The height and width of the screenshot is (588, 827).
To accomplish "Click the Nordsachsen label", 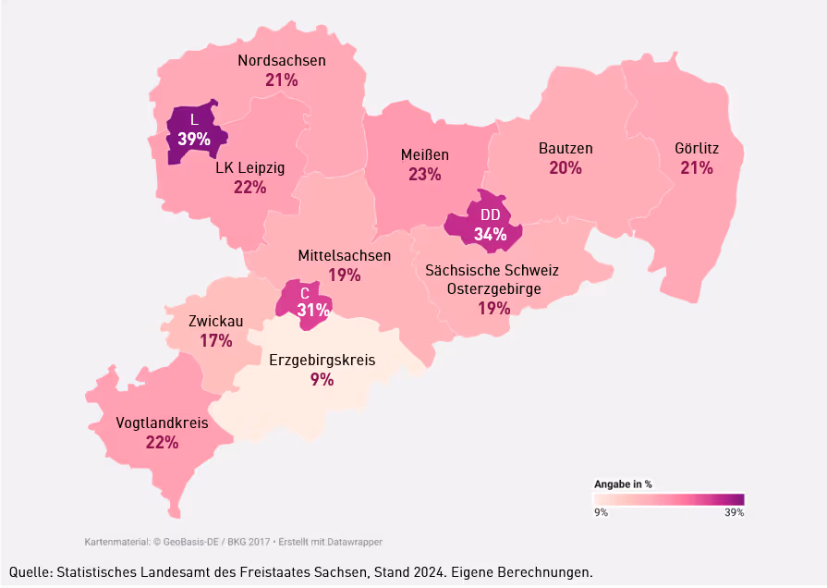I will [282, 61].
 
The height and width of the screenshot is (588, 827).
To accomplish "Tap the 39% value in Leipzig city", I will [194, 139].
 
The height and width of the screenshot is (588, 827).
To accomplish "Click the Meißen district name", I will [425, 154].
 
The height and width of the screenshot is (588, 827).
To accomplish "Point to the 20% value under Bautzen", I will [566, 168].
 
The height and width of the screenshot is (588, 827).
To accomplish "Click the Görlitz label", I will [697, 148].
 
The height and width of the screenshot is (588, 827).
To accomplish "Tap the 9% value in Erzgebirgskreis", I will [322, 379].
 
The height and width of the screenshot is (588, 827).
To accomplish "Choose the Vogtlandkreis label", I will [162, 423].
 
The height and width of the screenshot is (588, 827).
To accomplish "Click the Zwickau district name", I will [215, 322].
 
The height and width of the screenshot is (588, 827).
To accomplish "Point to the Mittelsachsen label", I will [344, 255].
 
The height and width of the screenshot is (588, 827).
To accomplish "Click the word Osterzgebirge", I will [493, 289].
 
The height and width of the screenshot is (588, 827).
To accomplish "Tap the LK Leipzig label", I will [249, 168].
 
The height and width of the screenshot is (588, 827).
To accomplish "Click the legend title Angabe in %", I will [623, 484].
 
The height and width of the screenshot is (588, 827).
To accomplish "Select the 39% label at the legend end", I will [734, 511].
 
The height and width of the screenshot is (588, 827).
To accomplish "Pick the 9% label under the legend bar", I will [601, 511].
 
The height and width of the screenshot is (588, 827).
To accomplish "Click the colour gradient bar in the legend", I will [668, 499].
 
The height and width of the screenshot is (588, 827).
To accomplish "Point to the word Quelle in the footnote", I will [30, 572].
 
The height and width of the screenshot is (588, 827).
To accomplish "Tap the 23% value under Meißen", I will [425, 174].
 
